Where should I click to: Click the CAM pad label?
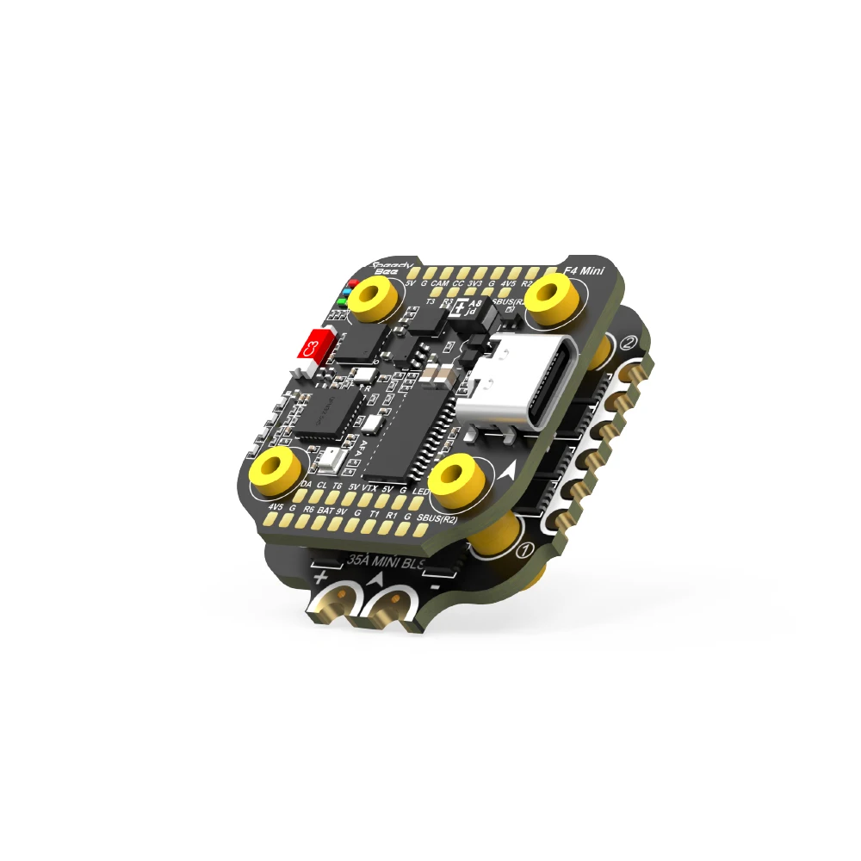pyautogui.click(x=439, y=283)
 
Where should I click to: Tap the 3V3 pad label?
pyautogui.click(x=474, y=283)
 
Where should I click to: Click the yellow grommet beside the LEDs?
pyautogui.click(x=377, y=298)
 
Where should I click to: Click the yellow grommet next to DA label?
pyautogui.click(x=276, y=468)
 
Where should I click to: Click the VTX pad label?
pyautogui.click(x=371, y=488)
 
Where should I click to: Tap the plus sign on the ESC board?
pyautogui.click(x=321, y=575)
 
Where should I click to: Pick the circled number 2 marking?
pyautogui.click(x=629, y=344)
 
